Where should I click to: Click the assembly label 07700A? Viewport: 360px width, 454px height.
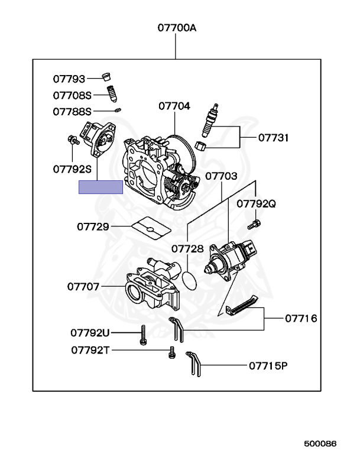177,28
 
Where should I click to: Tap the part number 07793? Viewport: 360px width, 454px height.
69,79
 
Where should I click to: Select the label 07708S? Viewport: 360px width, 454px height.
72,95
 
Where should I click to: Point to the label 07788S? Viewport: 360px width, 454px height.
72,112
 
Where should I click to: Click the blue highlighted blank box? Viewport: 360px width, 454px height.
101,187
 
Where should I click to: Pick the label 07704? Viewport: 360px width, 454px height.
174,106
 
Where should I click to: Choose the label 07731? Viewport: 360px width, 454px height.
273,138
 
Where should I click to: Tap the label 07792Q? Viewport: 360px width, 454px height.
257,204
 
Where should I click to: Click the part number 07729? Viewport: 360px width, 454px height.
93,226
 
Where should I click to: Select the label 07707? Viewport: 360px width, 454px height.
83,287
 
